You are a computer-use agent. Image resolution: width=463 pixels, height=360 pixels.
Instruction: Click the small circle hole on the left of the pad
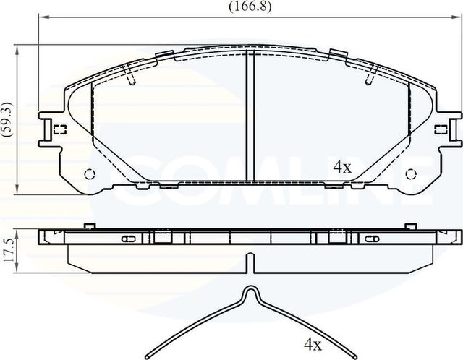point(90,173)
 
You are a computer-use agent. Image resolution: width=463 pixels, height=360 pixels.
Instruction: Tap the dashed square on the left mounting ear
point(60,130)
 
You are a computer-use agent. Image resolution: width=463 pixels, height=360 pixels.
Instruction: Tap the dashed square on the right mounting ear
point(438,130)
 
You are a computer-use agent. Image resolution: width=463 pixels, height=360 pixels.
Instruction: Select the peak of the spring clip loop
point(250,289)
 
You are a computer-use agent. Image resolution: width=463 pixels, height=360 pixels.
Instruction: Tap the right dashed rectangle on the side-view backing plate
point(337,236)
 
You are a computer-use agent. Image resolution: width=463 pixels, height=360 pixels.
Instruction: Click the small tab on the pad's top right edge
point(337,53)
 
